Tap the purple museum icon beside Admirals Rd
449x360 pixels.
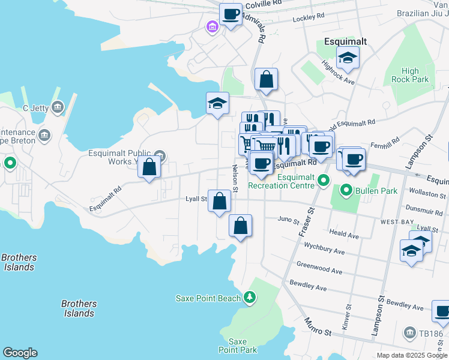tap(211, 28)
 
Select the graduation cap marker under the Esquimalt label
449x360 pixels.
tap(348, 59)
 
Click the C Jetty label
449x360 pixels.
tap(35, 108)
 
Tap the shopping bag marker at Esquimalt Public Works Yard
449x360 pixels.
tap(149, 168)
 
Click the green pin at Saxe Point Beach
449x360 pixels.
tap(249, 297)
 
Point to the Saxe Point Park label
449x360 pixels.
tap(238, 346)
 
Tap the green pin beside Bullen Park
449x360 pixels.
tap(346, 191)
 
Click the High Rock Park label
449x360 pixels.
tap(410, 75)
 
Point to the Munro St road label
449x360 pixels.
tap(318, 327)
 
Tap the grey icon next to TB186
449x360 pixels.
tap(409, 332)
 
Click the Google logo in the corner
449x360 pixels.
tap(20, 353)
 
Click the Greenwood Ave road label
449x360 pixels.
tap(319, 268)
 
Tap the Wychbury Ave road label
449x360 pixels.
tap(324, 248)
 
